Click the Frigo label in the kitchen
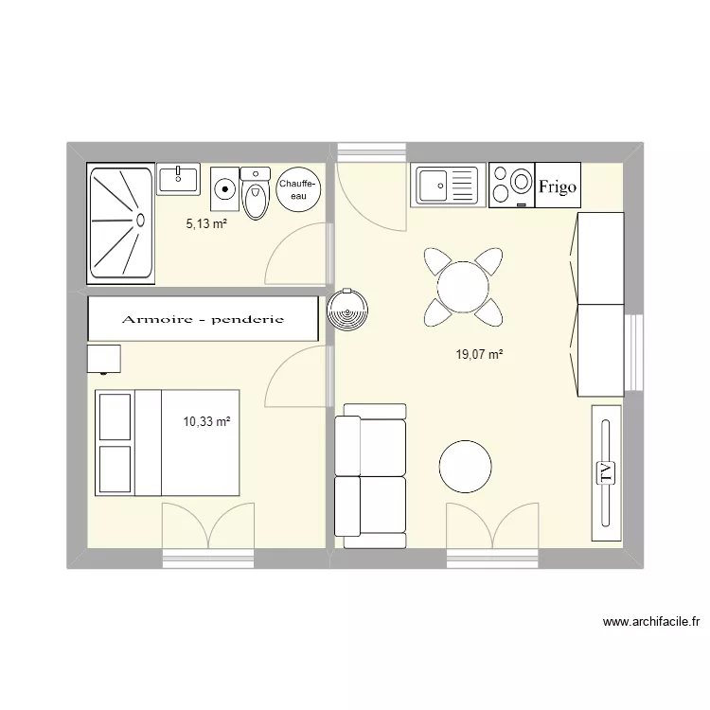click(x=558, y=186)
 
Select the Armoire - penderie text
click(x=203, y=319)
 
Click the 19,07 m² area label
click(x=479, y=355)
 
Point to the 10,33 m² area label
click(x=207, y=421)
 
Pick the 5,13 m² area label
click(x=206, y=223)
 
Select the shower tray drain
click(x=140, y=220)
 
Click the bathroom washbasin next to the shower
click(x=177, y=178)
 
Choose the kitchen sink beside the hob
click(x=448, y=185)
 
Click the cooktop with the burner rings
click(x=511, y=185)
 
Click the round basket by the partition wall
click(x=346, y=309)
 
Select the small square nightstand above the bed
click(x=104, y=359)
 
